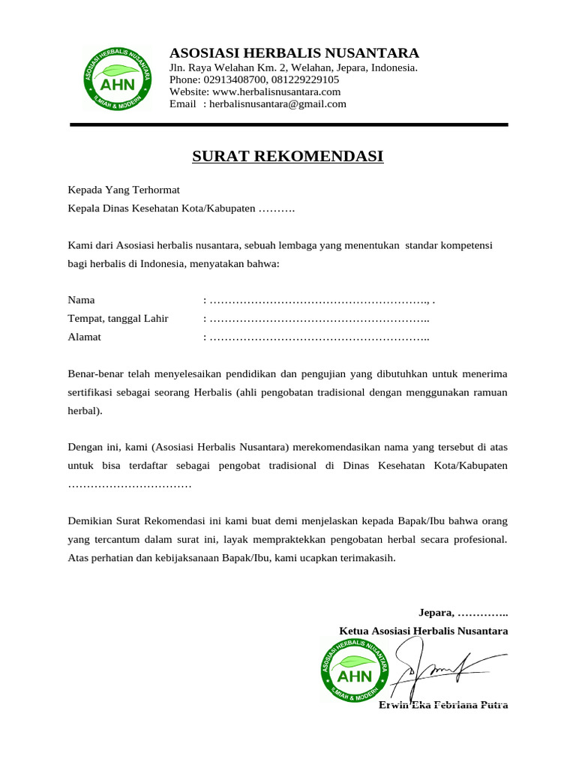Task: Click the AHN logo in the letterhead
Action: pos(116,77)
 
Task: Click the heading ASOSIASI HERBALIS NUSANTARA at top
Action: pos(294,53)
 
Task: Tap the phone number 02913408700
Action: pos(235,79)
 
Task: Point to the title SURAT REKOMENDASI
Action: pos(288,156)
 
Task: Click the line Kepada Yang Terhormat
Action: pos(124,190)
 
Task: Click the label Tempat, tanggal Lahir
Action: pos(118,319)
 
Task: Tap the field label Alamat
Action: pos(85,337)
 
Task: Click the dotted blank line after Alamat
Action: pos(319,337)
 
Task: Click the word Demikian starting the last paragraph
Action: pos(91,520)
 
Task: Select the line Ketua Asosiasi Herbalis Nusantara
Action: pos(424,631)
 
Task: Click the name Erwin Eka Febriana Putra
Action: pos(443,705)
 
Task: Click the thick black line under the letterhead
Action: pos(289,124)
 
